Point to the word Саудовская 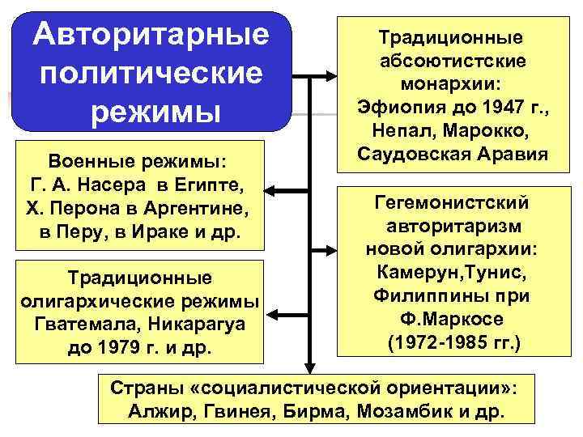411,154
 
